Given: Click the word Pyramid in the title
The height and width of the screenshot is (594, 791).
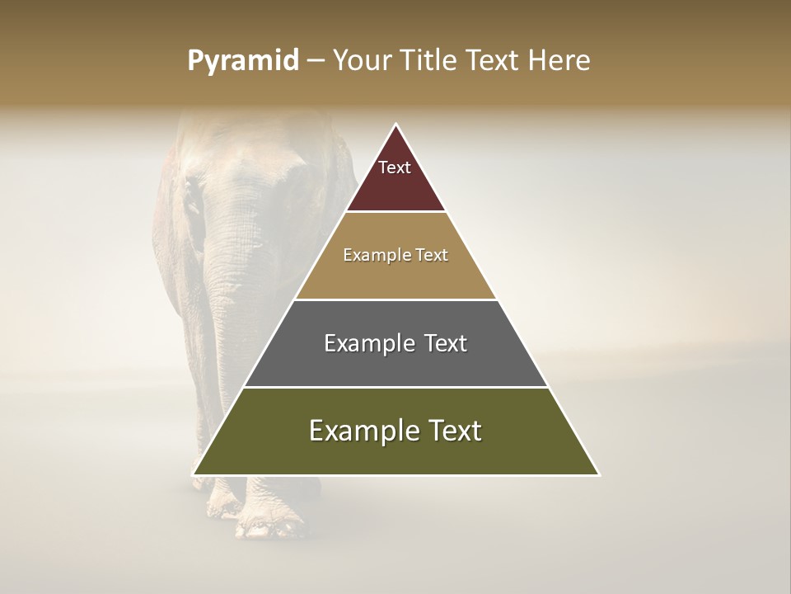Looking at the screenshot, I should tap(243, 61).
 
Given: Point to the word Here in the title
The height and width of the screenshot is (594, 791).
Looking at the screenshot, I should tap(559, 61).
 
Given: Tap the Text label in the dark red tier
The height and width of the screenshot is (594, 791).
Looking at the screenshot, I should tap(395, 167).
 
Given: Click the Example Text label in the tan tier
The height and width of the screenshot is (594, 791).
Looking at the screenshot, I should tap(395, 255).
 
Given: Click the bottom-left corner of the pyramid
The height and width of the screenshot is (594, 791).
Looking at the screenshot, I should tap(194, 474).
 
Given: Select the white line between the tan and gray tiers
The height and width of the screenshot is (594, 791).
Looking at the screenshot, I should tap(395, 299).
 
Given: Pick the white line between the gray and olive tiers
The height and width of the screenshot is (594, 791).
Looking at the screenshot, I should tap(395, 387).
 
